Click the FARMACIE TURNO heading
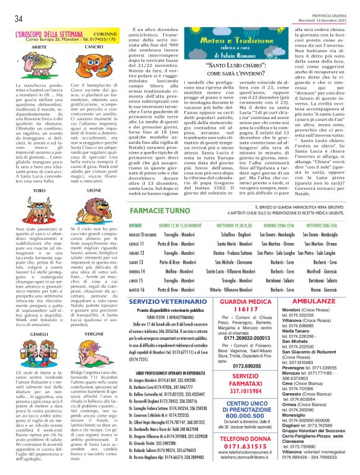pyautogui.click(x=155, y=211)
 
